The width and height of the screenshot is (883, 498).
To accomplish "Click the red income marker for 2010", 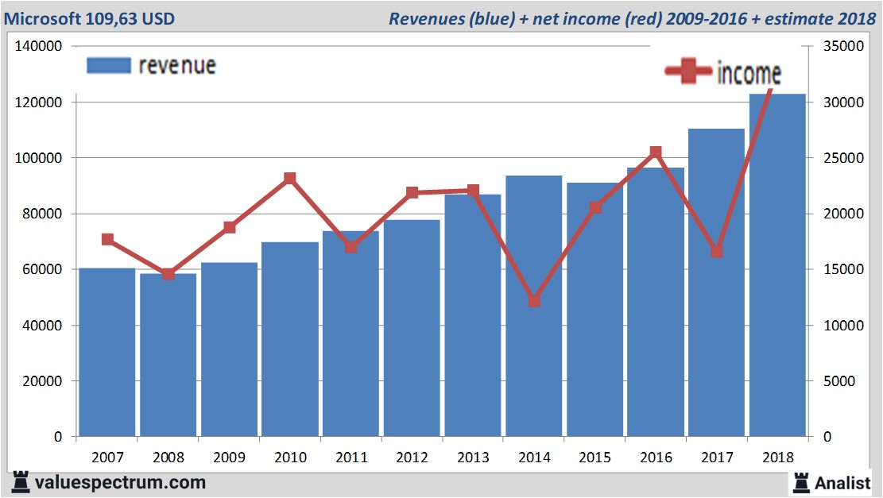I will [x=290, y=179].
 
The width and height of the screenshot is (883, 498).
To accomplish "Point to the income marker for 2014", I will [x=534, y=301].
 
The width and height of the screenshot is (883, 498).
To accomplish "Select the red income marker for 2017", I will [x=716, y=251].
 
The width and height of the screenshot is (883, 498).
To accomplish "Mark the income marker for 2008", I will [x=168, y=274].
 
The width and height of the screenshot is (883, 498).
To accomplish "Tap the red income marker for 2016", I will [x=656, y=152].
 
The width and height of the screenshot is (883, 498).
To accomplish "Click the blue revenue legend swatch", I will [x=108, y=66].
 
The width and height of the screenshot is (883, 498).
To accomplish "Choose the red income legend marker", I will [x=688, y=71].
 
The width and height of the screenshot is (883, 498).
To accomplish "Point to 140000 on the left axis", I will [x=39, y=47].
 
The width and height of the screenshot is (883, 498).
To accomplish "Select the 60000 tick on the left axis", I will [x=42, y=270].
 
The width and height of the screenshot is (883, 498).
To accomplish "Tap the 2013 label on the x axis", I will [x=472, y=457].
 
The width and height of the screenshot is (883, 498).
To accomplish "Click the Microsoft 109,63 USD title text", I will [x=89, y=18].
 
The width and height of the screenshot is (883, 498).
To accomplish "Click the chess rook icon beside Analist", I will [x=800, y=481].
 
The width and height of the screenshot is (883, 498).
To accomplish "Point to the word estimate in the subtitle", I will [x=795, y=18].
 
